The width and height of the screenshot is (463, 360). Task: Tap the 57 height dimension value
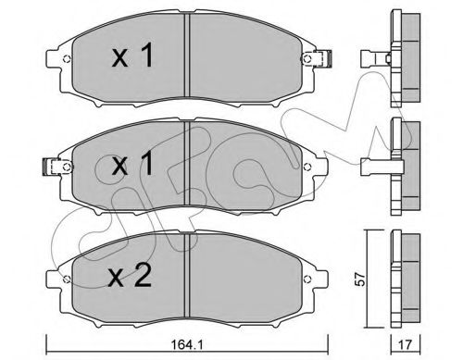(x=360, y=279)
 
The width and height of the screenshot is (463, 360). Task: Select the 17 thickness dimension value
(x=406, y=344)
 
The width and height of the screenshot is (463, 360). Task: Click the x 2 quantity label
(x=130, y=276)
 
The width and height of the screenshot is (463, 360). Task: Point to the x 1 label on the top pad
(x=132, y=56)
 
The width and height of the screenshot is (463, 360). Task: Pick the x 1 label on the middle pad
(x=132, y=163)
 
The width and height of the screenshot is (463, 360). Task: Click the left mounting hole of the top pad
(x=67, y=58)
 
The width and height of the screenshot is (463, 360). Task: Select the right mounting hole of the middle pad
(x=307, y=167)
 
